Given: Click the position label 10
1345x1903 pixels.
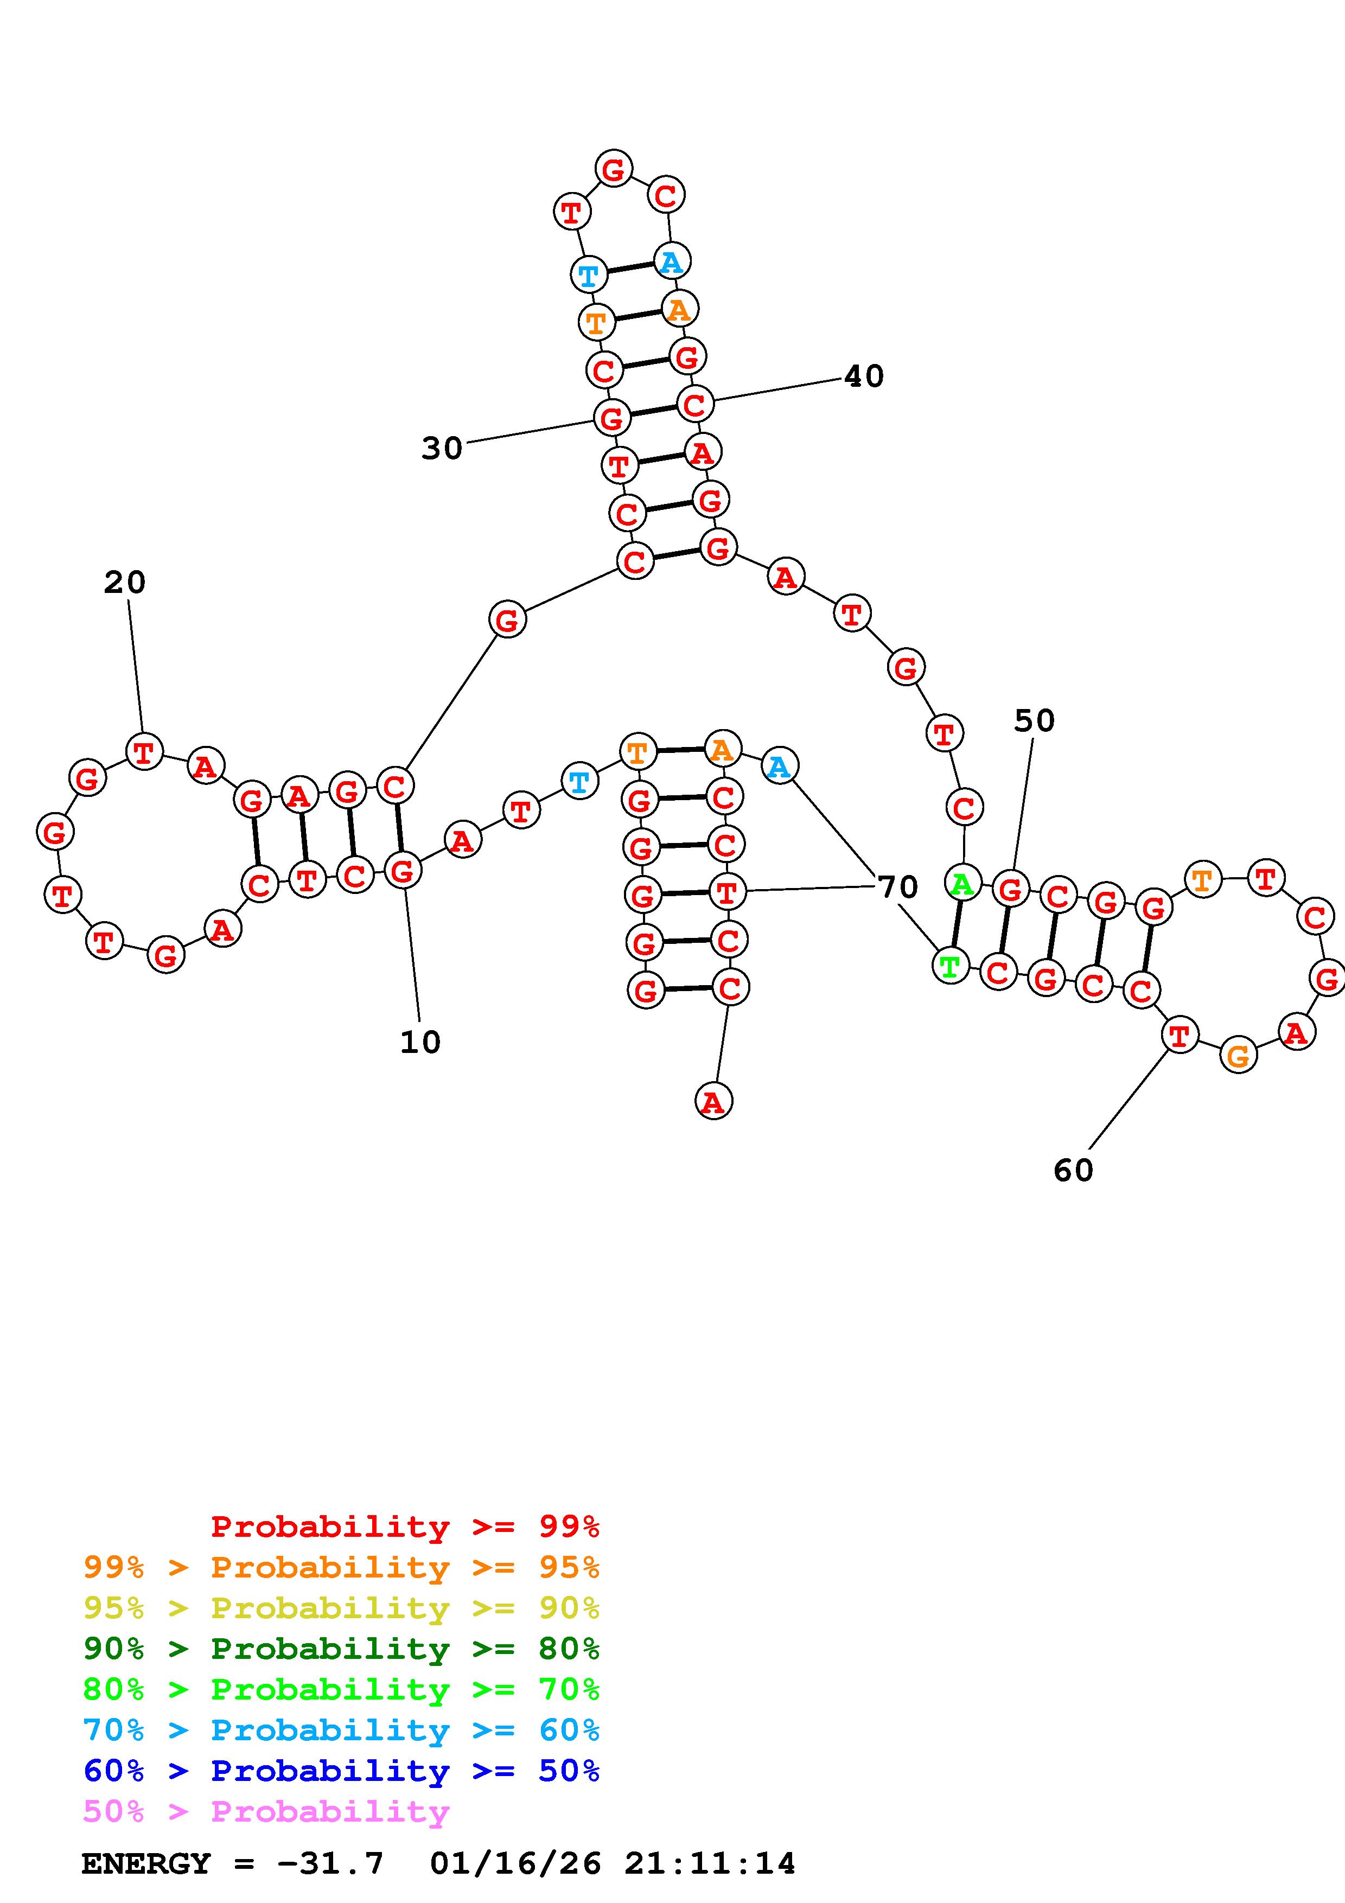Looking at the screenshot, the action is click(x=420, y=1042).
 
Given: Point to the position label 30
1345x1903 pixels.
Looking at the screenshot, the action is click(x=442, y=449).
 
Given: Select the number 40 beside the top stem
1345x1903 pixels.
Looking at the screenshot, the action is click(x=864, y=376).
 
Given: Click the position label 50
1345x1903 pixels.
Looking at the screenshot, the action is click(x=1034, y=721).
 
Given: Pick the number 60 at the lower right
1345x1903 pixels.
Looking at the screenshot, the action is click(x=1073, y=1170).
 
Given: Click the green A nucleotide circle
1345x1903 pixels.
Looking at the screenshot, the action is click(x=962, y=884).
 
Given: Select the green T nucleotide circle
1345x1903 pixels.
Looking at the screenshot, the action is click(x=949, y=966).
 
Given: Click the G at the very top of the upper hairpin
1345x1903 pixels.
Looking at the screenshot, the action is click(x=613, y=169).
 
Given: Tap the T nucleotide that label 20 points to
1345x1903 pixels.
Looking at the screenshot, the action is click(x=144, y=752).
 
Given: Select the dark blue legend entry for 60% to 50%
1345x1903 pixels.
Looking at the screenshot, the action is click(x=341, y=1771).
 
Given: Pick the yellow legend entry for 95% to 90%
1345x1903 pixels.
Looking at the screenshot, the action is click(x=341, y=1608).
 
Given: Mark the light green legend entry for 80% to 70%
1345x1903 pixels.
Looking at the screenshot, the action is click(x=341, y=1689).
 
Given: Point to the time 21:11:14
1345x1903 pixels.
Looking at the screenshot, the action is click(x=710, y=1864).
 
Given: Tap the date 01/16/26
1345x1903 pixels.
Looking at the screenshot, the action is click(x=515, y=1864).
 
